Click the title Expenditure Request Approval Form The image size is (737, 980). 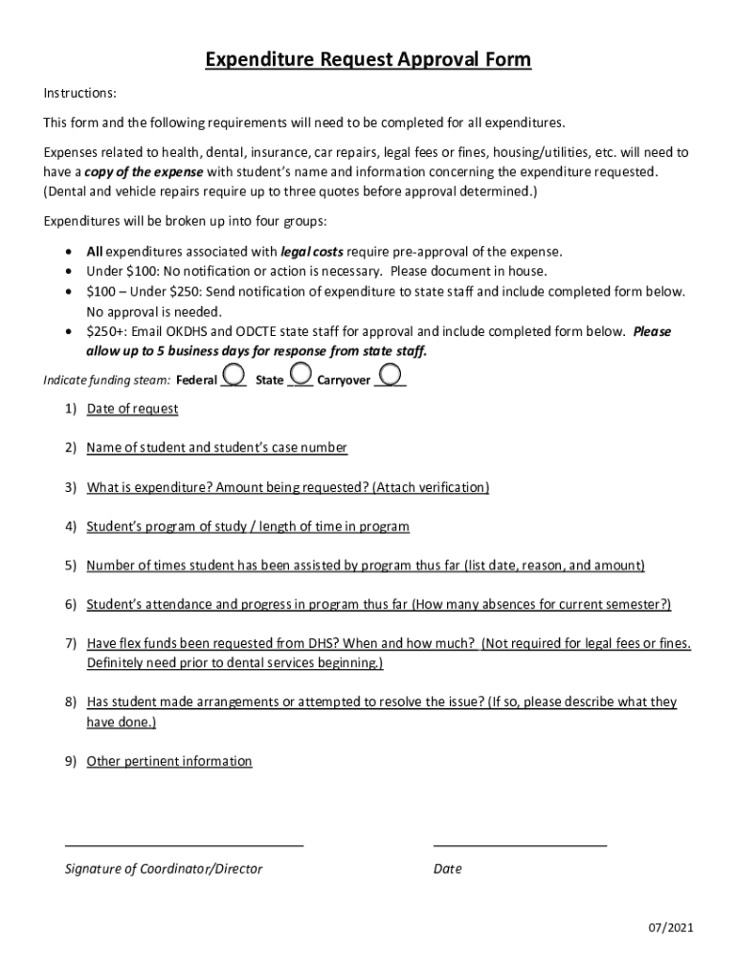(368, 61)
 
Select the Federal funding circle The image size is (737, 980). (233, 373)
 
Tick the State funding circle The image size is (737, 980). (300, 372)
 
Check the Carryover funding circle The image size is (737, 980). (390, 373)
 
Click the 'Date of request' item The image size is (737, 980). (132, 409)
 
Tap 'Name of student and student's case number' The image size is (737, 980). (216, 448)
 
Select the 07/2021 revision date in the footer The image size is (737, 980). (670, 927)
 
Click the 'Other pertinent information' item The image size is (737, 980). (169, 762)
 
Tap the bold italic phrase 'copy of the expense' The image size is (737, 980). (144, 172)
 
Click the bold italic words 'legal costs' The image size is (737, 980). (311, 252)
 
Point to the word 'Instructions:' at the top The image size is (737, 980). (80, 93)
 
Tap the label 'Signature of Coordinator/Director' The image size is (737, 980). (163, 869)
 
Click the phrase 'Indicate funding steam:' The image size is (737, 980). (107, 380)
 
